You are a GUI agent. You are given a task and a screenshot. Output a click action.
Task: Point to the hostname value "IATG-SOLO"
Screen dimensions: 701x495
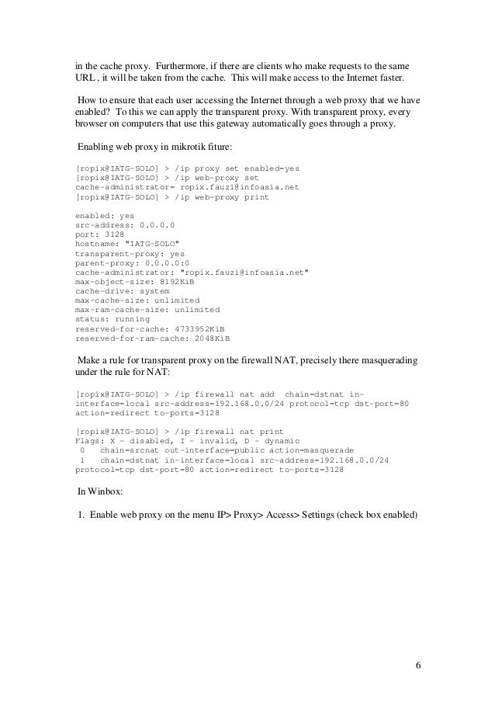157,243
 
